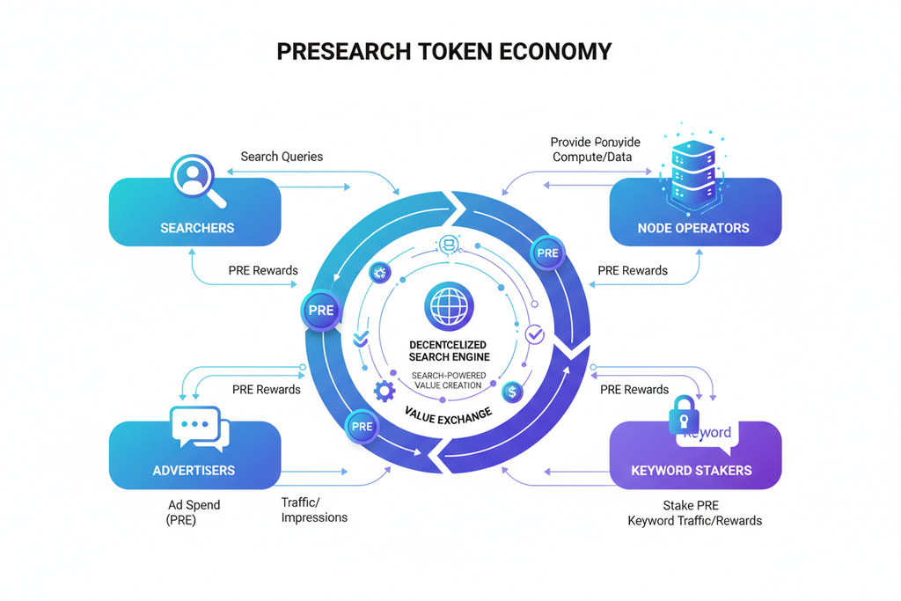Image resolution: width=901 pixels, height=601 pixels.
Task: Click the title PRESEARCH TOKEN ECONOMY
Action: pos(443,52)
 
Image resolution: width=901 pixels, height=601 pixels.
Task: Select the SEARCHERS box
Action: pos(195,213)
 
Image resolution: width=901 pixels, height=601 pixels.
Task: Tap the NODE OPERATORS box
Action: pos(694,213)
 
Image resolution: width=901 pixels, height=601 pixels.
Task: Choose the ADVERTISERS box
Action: pos(195,456)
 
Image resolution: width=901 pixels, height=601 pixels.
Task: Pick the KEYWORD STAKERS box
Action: pos(694,456)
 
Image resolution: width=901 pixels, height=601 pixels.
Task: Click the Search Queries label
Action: pos(282,157)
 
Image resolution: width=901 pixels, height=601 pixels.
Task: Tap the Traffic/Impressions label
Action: pos(314,509)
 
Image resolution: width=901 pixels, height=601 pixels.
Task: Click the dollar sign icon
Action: pos(512,392)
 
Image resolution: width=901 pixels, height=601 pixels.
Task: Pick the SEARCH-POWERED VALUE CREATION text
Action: pos(449,380)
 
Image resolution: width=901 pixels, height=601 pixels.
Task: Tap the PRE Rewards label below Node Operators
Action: pos(633,270)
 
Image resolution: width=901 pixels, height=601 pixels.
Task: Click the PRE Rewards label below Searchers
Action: pos(263,270)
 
